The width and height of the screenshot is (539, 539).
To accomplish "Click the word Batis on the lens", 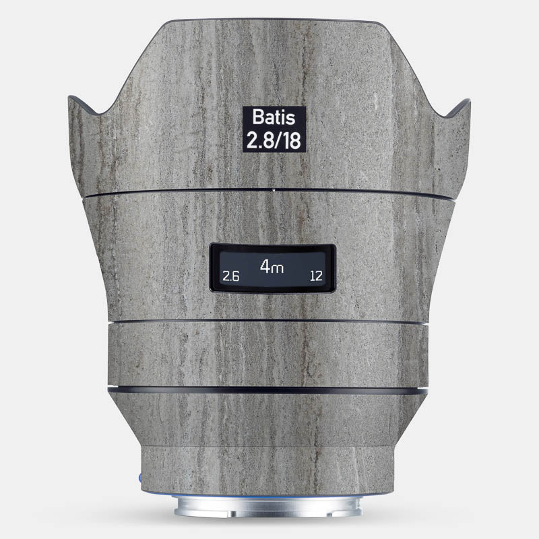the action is [274, 117].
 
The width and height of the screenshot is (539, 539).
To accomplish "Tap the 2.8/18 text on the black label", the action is [274, 140].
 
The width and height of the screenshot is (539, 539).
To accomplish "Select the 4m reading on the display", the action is [272, 266].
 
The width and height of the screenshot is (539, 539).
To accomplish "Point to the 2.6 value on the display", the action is [230, 276].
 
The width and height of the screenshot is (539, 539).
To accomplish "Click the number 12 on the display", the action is [316, 276].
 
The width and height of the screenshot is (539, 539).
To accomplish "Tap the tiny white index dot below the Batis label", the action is [274, 189].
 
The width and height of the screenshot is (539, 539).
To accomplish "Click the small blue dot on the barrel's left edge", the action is [140, 477].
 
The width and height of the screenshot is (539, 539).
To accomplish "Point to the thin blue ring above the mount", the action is [267, 496].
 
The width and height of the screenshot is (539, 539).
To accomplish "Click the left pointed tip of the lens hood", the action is [69, 96].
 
